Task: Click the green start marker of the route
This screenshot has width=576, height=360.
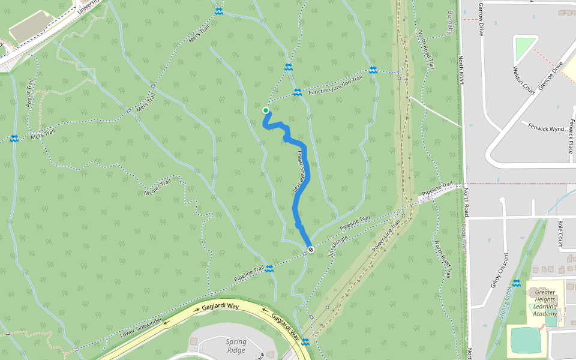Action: click(266, 110)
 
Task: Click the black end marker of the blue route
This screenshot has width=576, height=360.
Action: click(310, 249)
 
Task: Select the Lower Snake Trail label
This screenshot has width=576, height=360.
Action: click(301, 172)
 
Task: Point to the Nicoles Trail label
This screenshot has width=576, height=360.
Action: click(158, 186)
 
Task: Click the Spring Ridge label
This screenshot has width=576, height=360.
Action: click(236, 346)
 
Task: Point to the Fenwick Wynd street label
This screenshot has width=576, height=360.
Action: click(546, 127)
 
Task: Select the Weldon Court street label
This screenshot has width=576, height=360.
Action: click(523, 80)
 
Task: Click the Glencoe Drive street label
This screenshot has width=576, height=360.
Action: click(551, 76)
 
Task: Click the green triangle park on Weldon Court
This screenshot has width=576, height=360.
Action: click(524, 46)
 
